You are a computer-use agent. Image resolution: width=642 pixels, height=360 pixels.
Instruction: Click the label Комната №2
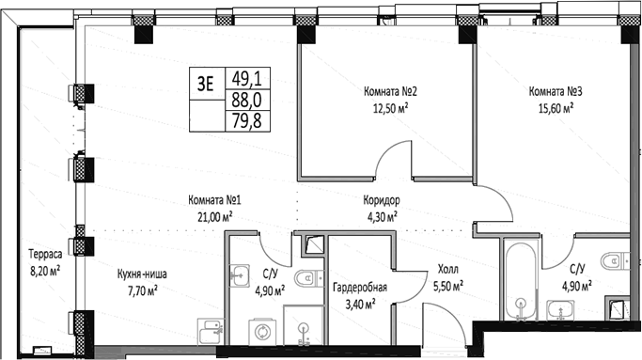[390, 92]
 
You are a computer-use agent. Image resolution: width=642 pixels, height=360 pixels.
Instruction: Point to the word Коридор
[382, 200]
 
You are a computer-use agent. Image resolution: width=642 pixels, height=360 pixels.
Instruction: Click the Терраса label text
[43, 255]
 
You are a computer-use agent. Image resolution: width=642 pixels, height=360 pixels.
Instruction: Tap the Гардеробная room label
[358, 288]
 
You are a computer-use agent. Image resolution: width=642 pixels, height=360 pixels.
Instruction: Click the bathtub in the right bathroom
[519, 282]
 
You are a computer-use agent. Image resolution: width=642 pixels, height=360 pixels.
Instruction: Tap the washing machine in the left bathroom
[258, 331]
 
